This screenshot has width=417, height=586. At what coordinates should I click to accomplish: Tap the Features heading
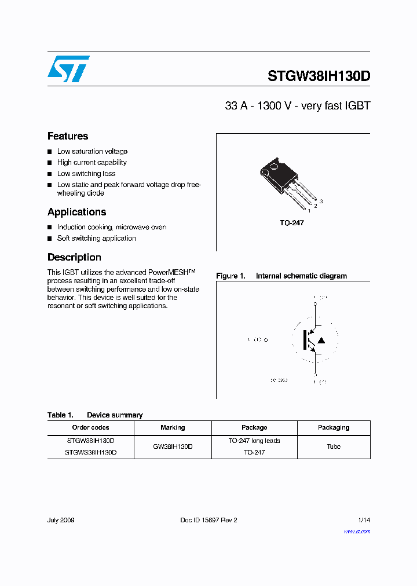click(x=68, y=136)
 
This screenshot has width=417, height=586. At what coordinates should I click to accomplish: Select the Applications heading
click(x=76, y=212)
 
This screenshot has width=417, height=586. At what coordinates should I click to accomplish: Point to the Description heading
click(x=74, y=257)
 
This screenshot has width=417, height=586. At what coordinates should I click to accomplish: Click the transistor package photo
click(x=284, y=180)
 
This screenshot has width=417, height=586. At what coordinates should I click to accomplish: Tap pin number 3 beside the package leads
click(x=321, y=201)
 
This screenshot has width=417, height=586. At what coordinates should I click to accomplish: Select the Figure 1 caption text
click(x=281, y=276)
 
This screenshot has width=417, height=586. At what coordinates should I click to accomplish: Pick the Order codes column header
click(x=90, y=427)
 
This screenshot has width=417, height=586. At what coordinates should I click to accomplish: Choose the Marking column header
click(x=173, y=427)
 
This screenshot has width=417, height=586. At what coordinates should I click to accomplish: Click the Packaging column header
click(x=334, y=427)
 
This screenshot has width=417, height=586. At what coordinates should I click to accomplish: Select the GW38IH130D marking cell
click(x=173, y=446)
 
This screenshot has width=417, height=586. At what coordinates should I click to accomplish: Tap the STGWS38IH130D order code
click(x=90, y=452)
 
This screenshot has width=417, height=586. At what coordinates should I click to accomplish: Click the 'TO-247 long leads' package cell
click(x=254, y=441)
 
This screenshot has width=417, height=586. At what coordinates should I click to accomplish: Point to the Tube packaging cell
click(x=334, y=446)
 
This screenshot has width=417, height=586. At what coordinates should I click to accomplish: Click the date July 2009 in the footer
click(x=61, y=520)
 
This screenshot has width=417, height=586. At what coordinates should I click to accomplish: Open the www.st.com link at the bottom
click(x=357, y=532)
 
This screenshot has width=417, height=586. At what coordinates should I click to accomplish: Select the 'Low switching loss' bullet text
click(x=86, y=174)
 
